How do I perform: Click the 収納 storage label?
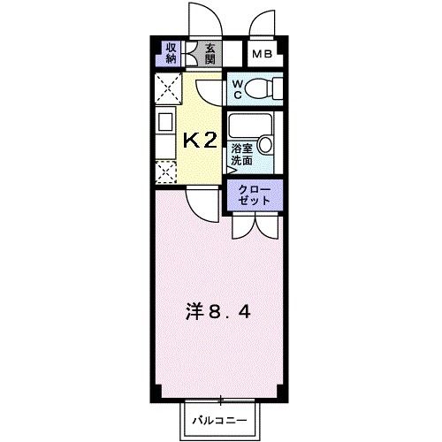tap(171, 55)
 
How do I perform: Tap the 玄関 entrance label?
tap(210, 55)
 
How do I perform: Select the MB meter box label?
tap(263, 55)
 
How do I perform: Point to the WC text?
tap(237, 89)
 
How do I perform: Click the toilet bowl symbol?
tap(263, 89)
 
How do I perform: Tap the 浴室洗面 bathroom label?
tap(241, 156)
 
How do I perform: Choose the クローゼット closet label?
tap(254, 195)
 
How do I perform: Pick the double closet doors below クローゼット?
tap(254, 225)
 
